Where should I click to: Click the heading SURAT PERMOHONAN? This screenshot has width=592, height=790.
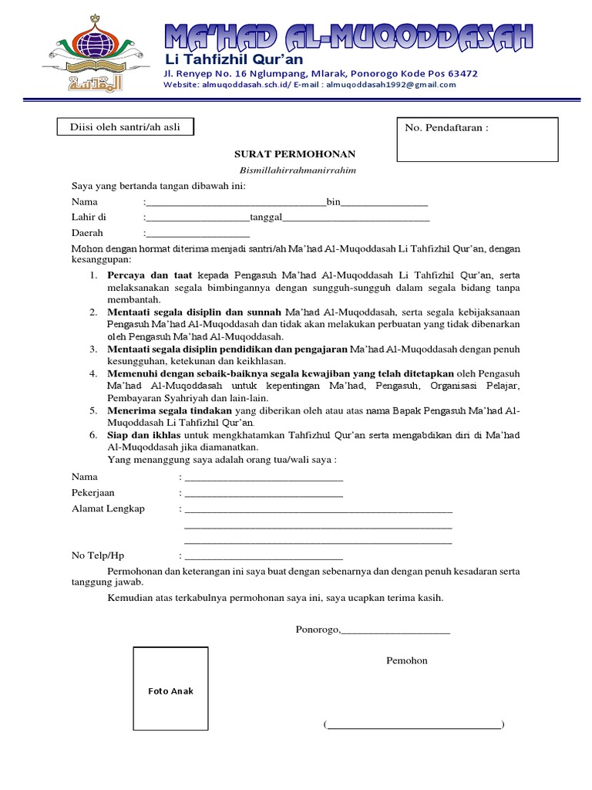[x=296, y=154]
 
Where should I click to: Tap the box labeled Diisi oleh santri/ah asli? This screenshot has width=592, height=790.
[x=125, y=127]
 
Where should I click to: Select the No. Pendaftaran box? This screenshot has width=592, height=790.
[x=476, y=140]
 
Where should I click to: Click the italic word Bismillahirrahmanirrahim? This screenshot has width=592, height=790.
[x=296, y=170]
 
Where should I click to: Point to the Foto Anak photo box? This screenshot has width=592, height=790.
[x=170, y=690]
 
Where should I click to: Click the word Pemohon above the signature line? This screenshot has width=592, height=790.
[x=406, y=660]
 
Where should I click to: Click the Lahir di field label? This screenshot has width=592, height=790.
[x=89, y=218]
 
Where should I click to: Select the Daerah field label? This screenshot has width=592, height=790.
[x=87, y=233]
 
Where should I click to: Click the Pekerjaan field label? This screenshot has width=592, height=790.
[x=92, y=493]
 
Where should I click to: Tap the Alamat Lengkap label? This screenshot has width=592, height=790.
[x=108, y=509]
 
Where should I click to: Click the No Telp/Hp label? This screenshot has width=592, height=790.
[x=98, y=555]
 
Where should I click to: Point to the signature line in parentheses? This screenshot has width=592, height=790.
[x=414, y=724]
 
